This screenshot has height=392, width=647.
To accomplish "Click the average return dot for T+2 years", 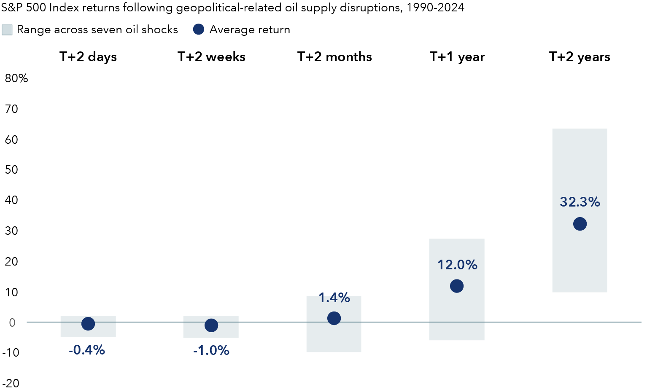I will click(580, 224).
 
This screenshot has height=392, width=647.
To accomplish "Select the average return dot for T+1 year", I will click(456, 286).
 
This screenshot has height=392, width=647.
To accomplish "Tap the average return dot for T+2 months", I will click(334, 318).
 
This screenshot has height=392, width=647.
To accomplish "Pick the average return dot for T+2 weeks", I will click(211, 325).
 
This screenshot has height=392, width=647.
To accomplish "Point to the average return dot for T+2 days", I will click(88, 324).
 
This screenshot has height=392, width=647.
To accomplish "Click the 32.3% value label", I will click(580, 202).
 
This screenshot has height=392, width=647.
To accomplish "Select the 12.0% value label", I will click(457, 265).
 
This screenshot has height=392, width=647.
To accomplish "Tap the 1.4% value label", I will click(334, 298).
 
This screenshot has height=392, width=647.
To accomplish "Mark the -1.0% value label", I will click(211, 350).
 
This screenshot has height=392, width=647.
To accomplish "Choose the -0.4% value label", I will click(86, 350).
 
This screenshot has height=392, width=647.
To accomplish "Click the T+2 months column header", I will click(334, 57).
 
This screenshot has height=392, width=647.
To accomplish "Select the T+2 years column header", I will click(580, 57).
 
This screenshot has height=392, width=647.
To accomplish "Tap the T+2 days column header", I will click(88, 57).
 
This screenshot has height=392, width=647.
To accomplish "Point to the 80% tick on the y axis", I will click(16, 78).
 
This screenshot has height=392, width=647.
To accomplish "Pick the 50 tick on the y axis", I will click(11, 170).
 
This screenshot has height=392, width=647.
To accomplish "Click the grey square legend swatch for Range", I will click(7, 30).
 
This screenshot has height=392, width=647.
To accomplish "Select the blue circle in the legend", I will click(198, 30).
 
